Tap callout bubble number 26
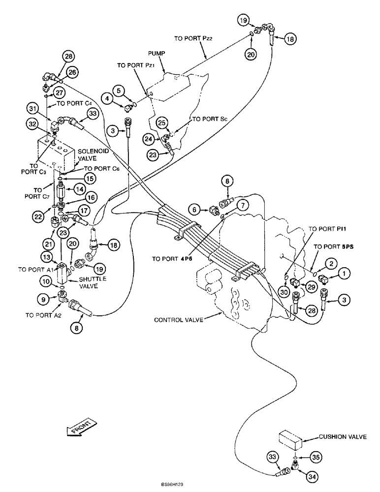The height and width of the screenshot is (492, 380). tap(73, 72)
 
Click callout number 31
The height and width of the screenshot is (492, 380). tap(32, 108)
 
